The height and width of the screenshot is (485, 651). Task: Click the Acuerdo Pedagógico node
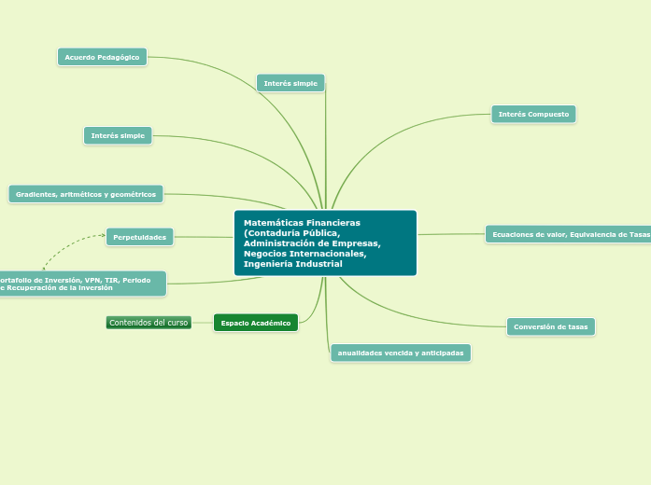pyautogui.click(x=102, y=57)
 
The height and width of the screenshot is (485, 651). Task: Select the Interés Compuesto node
pyautogui.click(x=533, y=114)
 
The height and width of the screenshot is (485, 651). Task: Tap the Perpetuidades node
pyautogui.click(x=139, y=237)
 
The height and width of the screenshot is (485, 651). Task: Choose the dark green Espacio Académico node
pyautogui.click(x=256, y=323)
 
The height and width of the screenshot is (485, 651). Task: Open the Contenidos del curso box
pyautogui.click(x=149, y=323)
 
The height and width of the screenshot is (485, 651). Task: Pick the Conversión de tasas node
pyautogui.click(x=551, y=326)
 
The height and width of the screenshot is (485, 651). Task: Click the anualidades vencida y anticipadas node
pyautogui.click(x=401, y=353)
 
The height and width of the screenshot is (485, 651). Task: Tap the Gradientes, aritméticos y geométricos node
pyautogui.click(x=86, y=194)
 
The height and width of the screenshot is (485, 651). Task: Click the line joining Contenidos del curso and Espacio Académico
pyautogui.click(x=202, y=323)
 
